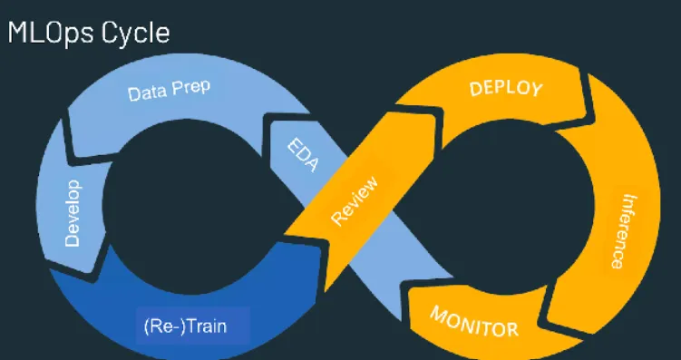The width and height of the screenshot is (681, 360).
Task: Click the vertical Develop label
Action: [x=73, y=212]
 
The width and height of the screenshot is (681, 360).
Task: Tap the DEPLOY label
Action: [x=505, y=89]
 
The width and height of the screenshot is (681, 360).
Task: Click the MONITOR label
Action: [x=473, y=319]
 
